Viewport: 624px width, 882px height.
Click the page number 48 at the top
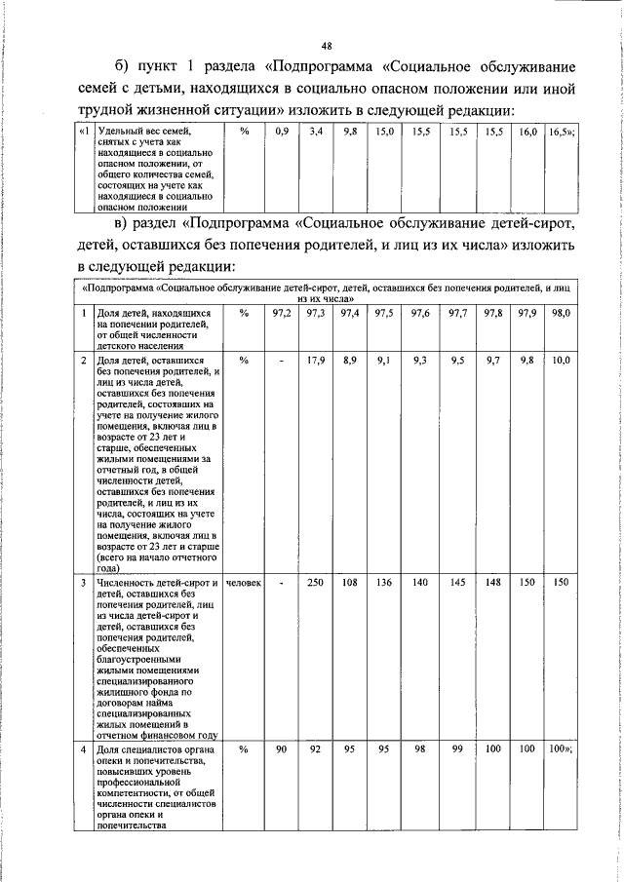click(x=326, y=45)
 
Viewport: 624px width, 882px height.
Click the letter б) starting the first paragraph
click(x=122, y=66)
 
